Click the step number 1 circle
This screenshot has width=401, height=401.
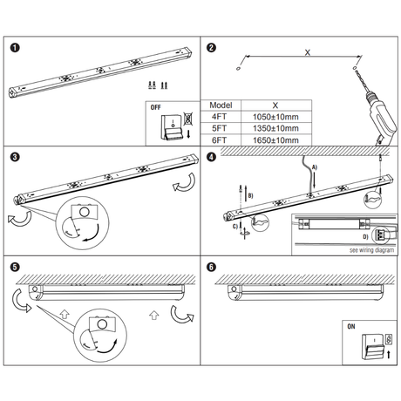pos(15,48)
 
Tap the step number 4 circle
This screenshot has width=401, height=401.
pos(211,157)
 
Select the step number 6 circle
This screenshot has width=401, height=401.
pos(211,267)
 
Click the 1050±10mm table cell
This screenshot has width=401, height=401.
pos(275,117)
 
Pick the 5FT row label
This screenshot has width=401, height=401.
pos(219,128)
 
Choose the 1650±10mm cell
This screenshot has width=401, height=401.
pos(275,140)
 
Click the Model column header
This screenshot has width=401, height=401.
pos(221,105)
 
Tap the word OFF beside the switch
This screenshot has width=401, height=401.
pos(155,107)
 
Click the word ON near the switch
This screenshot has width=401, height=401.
pos(351,327)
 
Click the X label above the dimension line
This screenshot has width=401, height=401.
pos(308,52)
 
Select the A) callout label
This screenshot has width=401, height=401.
pos(315,167)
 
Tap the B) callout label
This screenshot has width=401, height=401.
pos(250,195)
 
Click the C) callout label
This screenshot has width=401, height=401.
pos(235,227)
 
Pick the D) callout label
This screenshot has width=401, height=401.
pos(365,237)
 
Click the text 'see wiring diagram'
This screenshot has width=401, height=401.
pos(371,250)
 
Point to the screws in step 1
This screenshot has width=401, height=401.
pos(158,85)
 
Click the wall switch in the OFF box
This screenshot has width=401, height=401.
pos(172,127)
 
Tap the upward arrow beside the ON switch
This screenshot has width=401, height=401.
pos(389,354)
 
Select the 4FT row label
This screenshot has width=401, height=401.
pos(219,117)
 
